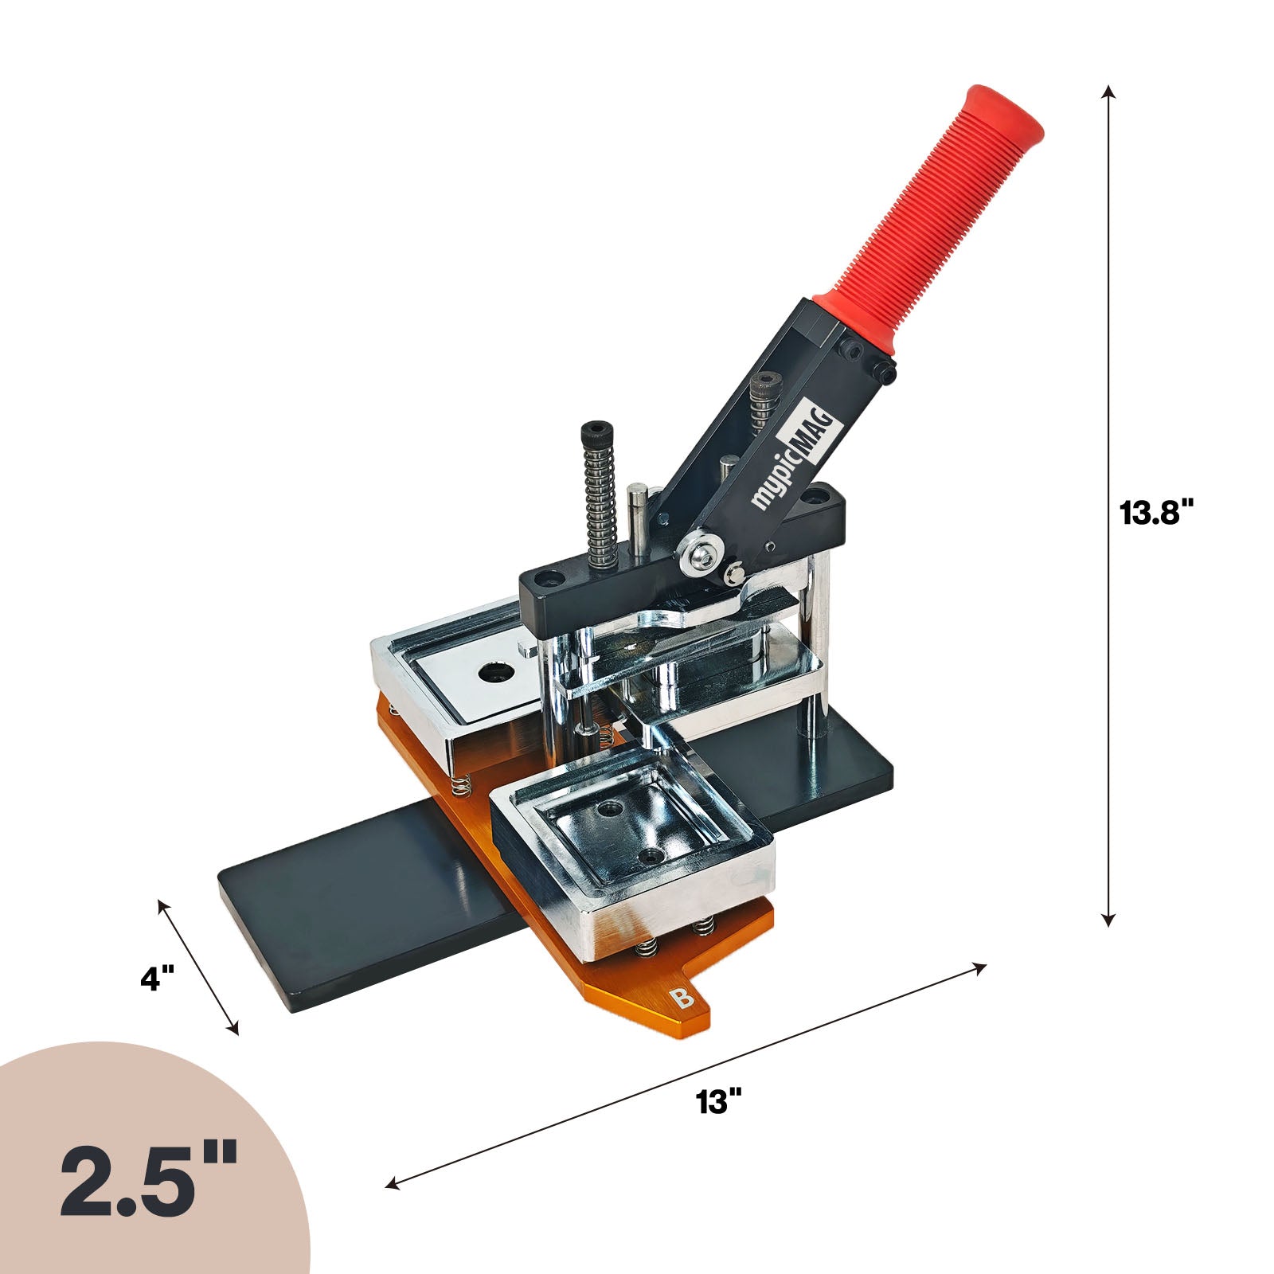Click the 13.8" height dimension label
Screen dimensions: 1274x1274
point(1158,513)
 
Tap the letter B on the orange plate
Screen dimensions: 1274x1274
point(681,998)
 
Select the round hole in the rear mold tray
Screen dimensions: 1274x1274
point(496,672)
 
